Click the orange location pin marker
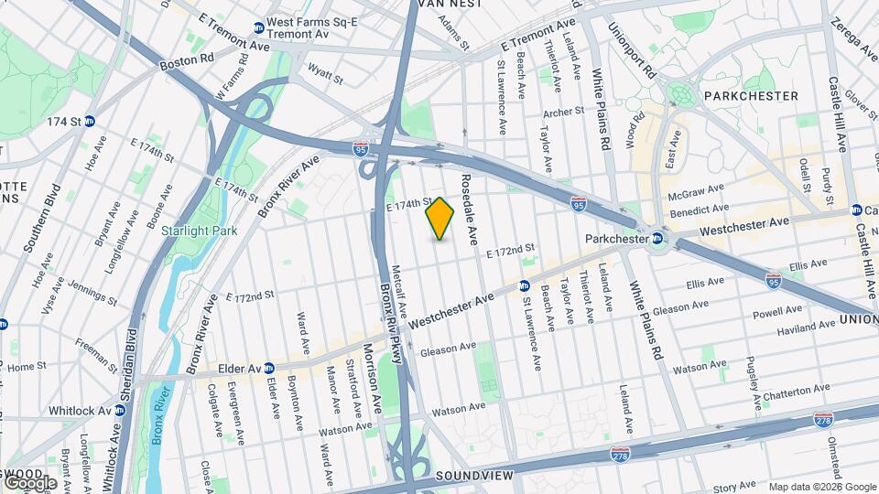440,218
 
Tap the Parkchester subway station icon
657,240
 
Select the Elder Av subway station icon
269,369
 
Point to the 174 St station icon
90,121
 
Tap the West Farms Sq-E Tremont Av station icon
259,28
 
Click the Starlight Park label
199,231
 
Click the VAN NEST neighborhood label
449,5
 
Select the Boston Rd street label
186,61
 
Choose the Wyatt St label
325,72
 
